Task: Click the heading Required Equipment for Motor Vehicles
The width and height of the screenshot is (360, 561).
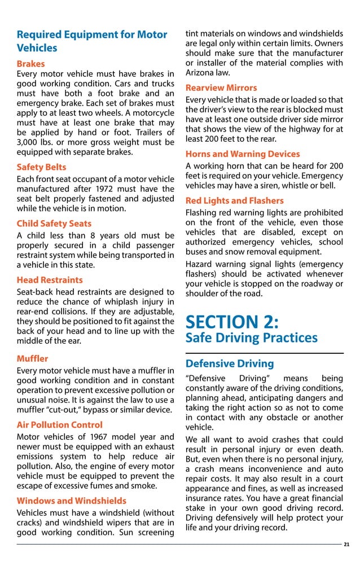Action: (x=91, y=41)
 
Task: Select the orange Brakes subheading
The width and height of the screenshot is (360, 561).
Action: (x=30, y=64)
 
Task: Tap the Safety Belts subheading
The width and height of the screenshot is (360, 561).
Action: (x=41, y=167)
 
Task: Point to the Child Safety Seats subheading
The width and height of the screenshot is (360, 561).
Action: (x=54, y=223)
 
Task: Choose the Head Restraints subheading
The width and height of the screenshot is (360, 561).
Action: (x=50, y=280)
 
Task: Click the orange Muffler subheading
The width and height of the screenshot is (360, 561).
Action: (x=32, y=358)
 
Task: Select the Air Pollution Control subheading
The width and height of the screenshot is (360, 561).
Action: (x=59, y=425)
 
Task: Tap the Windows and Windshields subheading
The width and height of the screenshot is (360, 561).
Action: (x=71, y=501)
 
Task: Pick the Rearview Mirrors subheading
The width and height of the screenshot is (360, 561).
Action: (x=221, y=87)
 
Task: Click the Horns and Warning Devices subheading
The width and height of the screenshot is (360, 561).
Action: (x=243, y=154)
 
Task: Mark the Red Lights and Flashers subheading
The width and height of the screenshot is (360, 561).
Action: (x=234, y=200)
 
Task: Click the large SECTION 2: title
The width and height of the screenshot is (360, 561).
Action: (x=232, y=322)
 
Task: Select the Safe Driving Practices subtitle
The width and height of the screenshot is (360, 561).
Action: (x=251, y=338)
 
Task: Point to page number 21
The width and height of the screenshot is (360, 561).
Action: (x=346, y=545)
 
